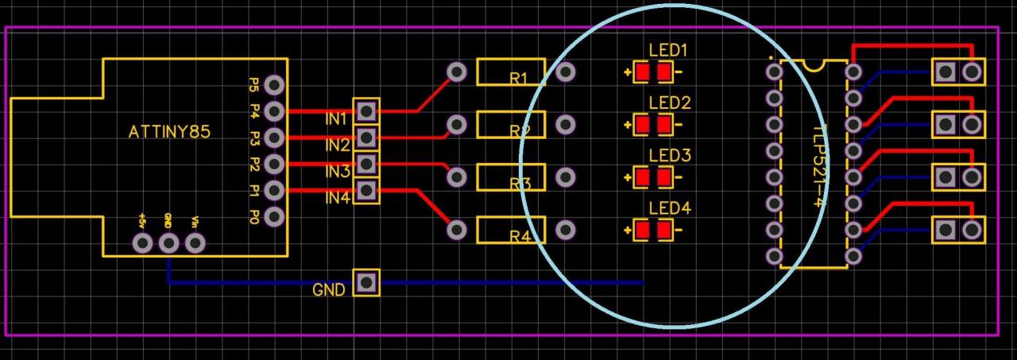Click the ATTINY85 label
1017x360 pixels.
pos(169,132)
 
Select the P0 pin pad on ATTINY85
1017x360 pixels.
pos(275,216)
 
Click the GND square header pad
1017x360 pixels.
pos(366,282)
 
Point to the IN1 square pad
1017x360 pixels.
pos(366,111)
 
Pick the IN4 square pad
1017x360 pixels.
pos(366,190)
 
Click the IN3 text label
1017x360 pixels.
pos(337,171)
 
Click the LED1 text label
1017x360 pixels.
pos(668,51)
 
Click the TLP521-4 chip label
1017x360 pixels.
pos(818,163)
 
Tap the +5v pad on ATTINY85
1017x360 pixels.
pos(143,243)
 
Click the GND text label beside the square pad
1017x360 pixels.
pos(328,290)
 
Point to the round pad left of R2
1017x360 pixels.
pos(457,125)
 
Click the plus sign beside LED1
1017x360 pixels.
pos(628,74)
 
